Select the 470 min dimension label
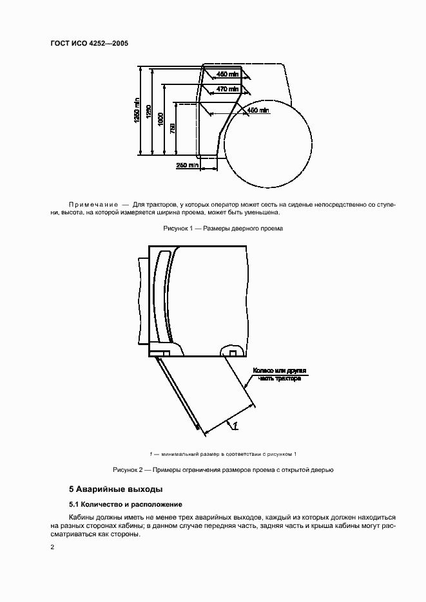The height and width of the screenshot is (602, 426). pos(227,89)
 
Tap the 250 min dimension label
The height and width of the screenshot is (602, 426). pos(187,165)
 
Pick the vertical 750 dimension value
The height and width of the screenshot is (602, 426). pos(171,127)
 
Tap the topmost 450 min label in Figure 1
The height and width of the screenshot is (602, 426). pos(227,75)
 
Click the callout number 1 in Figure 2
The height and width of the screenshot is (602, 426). pos(236,425)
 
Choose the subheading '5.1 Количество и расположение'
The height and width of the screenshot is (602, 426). pos(126,504)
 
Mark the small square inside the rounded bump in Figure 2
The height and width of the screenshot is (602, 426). pos(233,353)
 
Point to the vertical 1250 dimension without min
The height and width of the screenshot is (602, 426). pos(149,113)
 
